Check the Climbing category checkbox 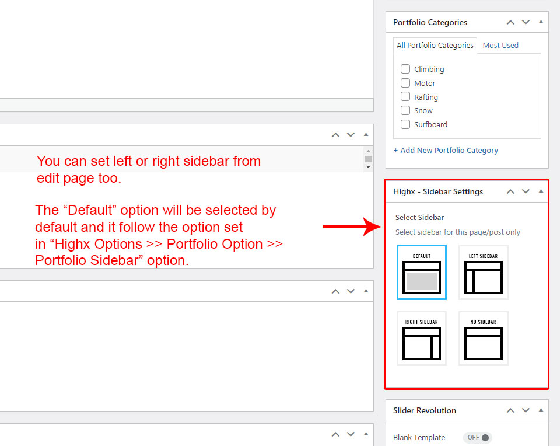(x=405, y=69)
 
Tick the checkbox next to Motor (x=405, y=83)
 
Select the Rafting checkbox (x=405, y=96)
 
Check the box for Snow (x=405, y=110)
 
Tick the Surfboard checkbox (x=405, y=124)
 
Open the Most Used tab (x=501, y=46)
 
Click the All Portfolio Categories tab (x=435, y=46)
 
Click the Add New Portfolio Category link (x=446, y=151)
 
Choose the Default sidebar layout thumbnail (x=422, y=272)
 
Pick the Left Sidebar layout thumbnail (x=484, y=272)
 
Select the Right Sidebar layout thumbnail (x=422, y=338)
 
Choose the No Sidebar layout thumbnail (x=484, y=338)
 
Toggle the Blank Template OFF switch (x=478, y=437)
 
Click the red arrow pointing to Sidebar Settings (x=352, y=227)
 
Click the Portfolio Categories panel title (x=430, y=22)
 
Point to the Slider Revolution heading (x=425, y=410)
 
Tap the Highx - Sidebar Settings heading (x=438, y=191)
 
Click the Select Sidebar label (x=419, y=217)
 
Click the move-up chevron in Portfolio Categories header (x=511, y=22)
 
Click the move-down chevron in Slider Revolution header (x=526, y=410)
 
